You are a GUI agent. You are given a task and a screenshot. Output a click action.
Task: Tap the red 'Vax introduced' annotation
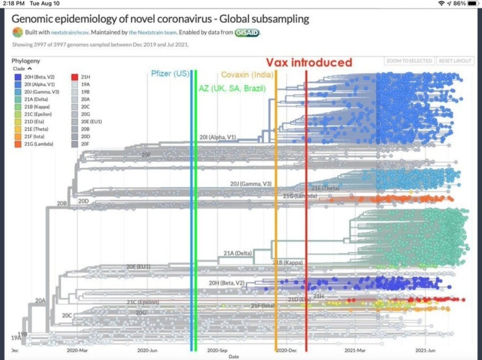(309, 63)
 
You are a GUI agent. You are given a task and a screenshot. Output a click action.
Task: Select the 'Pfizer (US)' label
(170, 74)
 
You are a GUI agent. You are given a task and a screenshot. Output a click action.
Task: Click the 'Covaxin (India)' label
(248, 75)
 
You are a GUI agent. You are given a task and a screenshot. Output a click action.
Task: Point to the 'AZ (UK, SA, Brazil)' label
(232, 88)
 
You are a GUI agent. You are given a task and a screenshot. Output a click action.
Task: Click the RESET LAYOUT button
(455, 61)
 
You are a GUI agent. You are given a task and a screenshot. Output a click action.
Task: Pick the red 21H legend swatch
(75, 77)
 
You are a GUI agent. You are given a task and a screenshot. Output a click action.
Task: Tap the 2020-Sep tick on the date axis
(218, 351)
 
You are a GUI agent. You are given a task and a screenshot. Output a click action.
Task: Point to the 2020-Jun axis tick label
(147, 351)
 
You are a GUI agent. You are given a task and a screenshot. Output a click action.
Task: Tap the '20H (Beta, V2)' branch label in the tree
(227, 283)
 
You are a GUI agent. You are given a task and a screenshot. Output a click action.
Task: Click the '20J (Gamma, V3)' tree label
(251, 184)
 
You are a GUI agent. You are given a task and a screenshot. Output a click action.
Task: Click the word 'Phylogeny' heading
(26, 61)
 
